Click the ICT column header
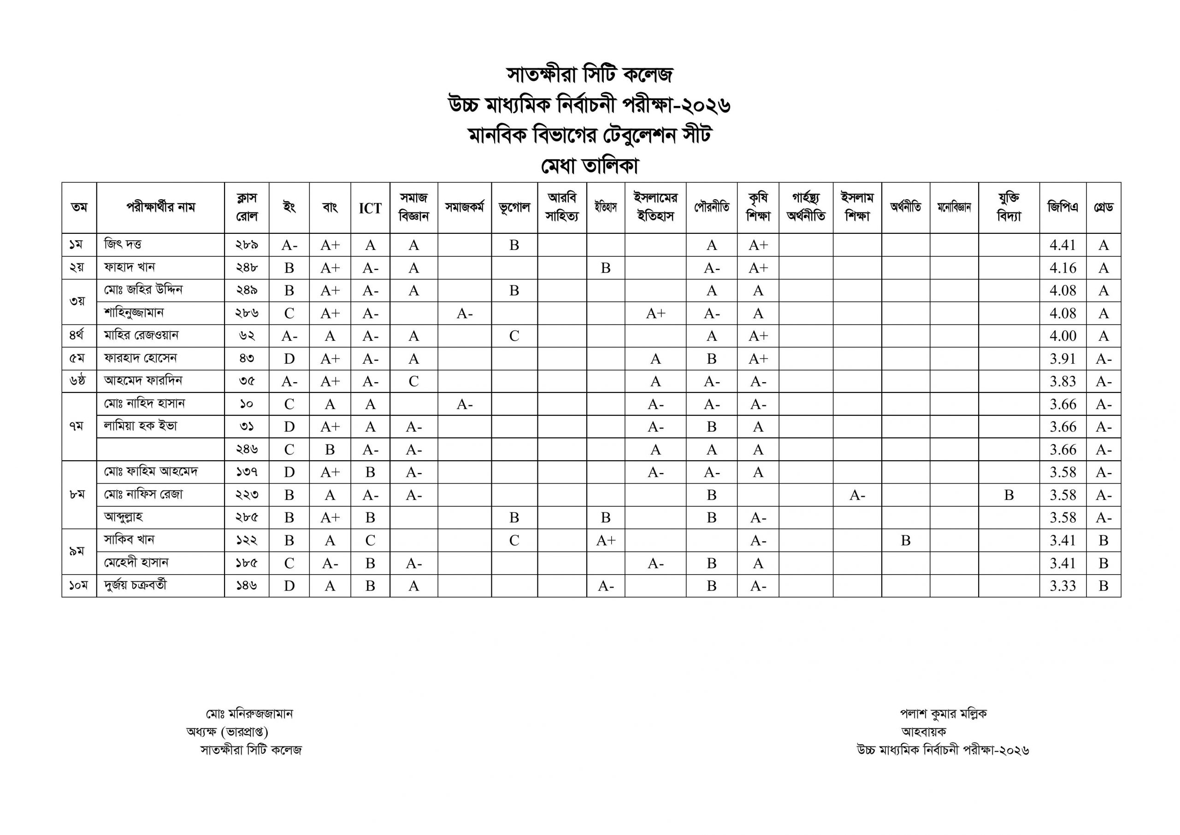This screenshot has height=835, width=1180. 370,208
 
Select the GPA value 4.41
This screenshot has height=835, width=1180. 1062,245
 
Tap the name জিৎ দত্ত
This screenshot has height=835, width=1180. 123,244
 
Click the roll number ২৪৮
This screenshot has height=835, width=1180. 247,268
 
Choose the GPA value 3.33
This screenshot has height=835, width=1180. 1062,586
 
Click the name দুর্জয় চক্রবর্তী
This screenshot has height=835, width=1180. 135,586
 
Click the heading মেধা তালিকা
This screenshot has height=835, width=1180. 590,166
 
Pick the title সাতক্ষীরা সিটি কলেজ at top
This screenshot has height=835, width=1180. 590,75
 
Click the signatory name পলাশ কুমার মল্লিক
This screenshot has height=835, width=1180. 943,714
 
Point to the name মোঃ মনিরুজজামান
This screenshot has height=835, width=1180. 249,714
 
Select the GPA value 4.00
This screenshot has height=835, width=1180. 1062,336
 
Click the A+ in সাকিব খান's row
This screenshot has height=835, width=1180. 605,540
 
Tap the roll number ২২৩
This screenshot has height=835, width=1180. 247,495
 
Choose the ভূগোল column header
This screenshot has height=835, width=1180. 514,208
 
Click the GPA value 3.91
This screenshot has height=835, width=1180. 1062,359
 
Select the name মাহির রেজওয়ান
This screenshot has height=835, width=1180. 141,335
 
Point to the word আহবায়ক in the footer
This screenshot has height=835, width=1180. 924,732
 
